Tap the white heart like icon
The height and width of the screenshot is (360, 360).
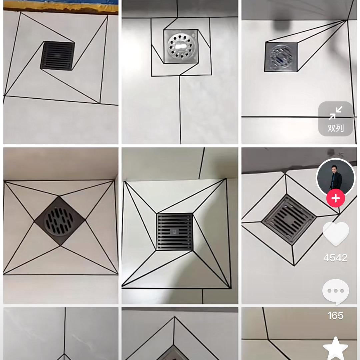click(x=336, y=234)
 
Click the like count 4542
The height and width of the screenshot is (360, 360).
click(x=335, y=258)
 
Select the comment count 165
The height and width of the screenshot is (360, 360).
click(x=335, y=315)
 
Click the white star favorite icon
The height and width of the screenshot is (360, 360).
click(x=335, y=348)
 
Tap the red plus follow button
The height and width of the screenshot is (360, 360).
click(x=335, y=199)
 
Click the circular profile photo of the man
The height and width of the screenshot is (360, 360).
click(x=335, y=177)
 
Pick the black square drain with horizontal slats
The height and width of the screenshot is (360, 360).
click(x=175, y=232)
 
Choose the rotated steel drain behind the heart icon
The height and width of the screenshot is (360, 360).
click(x=289, y=219)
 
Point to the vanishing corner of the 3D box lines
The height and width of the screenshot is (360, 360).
click(x=347, y=21)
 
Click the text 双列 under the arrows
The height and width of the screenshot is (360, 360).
click(x=335, y=128)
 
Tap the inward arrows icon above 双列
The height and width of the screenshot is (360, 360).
click(x=335, y=113)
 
